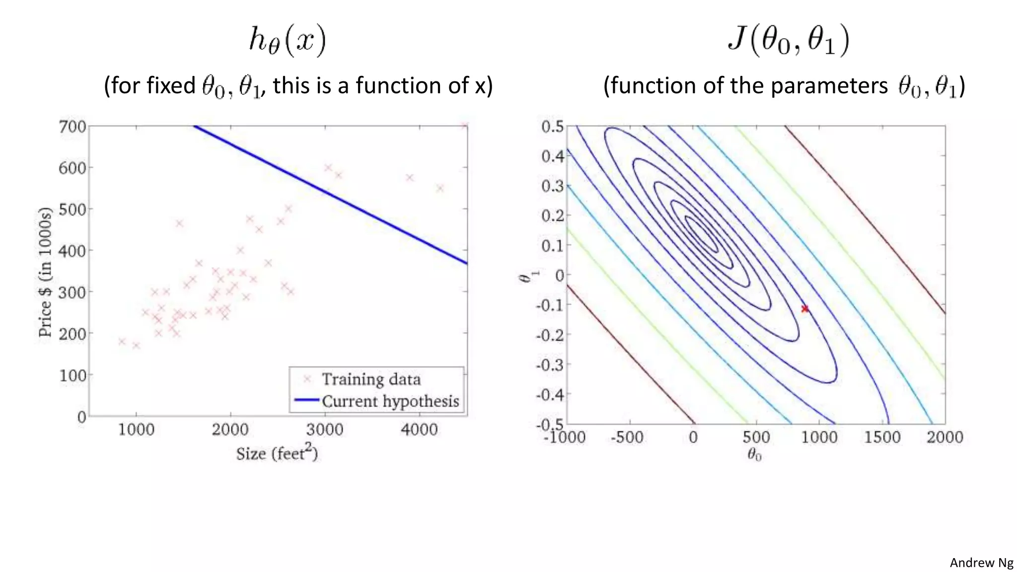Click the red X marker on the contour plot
coord(804,309)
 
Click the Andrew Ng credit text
coord(981,563)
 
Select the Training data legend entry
coord(371,379)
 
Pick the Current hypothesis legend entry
coord(390,401)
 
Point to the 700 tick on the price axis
coord(73,127)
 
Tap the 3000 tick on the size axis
coord(324,429)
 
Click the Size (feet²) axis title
coord(277,453)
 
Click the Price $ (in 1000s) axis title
coord(45,272)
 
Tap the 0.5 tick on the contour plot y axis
coord(552,127)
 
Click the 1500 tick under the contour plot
coord(882,437)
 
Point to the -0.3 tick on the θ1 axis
coord(550,365)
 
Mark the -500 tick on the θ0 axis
coord(627,437)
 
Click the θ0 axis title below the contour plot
coord(754,454)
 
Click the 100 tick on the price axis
coord(73,375)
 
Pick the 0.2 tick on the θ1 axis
coord(552,216)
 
